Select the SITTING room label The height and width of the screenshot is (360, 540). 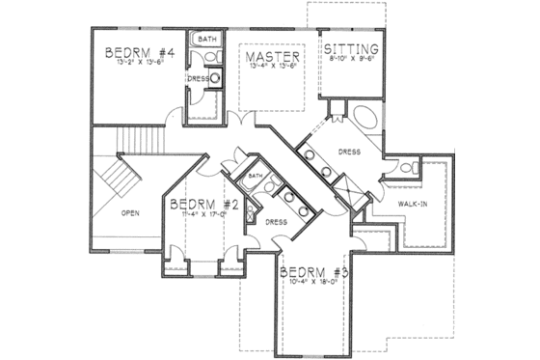point(351,49)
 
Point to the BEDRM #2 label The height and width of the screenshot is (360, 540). point(202,205)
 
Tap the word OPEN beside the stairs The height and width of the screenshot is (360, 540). point(132,212)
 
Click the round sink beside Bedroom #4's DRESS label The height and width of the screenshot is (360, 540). point(214,79)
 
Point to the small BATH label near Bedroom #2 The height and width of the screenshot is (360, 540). point(255,177)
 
